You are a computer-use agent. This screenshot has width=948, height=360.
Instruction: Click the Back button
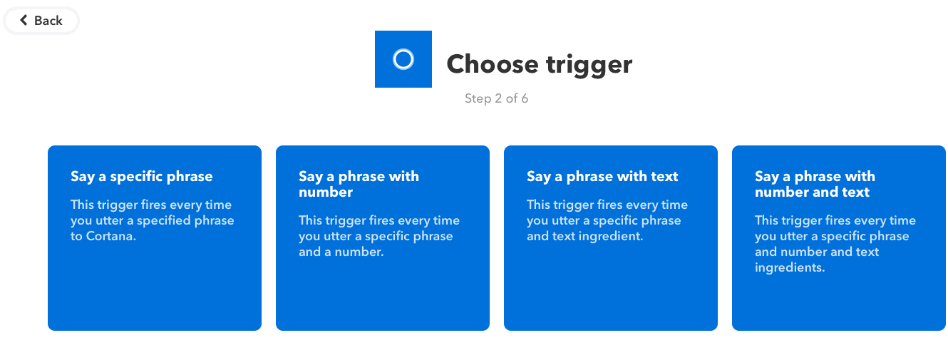pyautogui.click(x=41, y=20)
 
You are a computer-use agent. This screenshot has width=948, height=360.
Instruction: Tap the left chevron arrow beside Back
pyautogui.click(x=24, y=20)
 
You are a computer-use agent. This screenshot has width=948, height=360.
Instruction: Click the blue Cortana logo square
pyautogui.click(x=403, y=59)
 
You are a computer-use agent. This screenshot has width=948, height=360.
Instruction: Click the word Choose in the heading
pyautogui.click(x=493, y=64)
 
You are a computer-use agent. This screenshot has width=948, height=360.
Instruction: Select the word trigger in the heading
pyautogui.click(x=589, y=66)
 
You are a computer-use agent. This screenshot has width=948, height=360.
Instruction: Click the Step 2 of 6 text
pyautogui.click(x=496, y=98)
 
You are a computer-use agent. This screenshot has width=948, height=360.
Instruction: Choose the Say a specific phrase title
pyautogui.click(x=141, y=176)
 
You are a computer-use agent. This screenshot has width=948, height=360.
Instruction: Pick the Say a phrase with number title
pyautogui.click(x=359, y=184)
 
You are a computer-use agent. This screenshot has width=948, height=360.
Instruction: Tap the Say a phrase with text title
pyautogui.click(x=602, y=176)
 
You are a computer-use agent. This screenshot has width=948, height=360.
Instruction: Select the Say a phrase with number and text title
pyautogui.click(x=815, y=184)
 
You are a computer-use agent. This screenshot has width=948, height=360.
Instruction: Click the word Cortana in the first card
pyautogui.click(x=111, y=236)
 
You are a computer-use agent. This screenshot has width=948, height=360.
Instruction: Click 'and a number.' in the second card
pyautogui.click(x=341, y=252)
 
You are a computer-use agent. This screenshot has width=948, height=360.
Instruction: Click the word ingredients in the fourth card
pyautogui.click(x=790, y=268)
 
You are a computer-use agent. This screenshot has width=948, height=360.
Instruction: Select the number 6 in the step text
pyautogui.click(x=525, y=98)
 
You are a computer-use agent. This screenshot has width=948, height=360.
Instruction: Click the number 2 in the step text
pyautogui.click(x=498, y=98)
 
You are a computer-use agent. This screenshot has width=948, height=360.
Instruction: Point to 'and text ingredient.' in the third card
pyautogui.click(x=585, y=237)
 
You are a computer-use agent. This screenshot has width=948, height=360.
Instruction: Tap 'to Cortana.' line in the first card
pyautogui.click(x=103, y=236)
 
